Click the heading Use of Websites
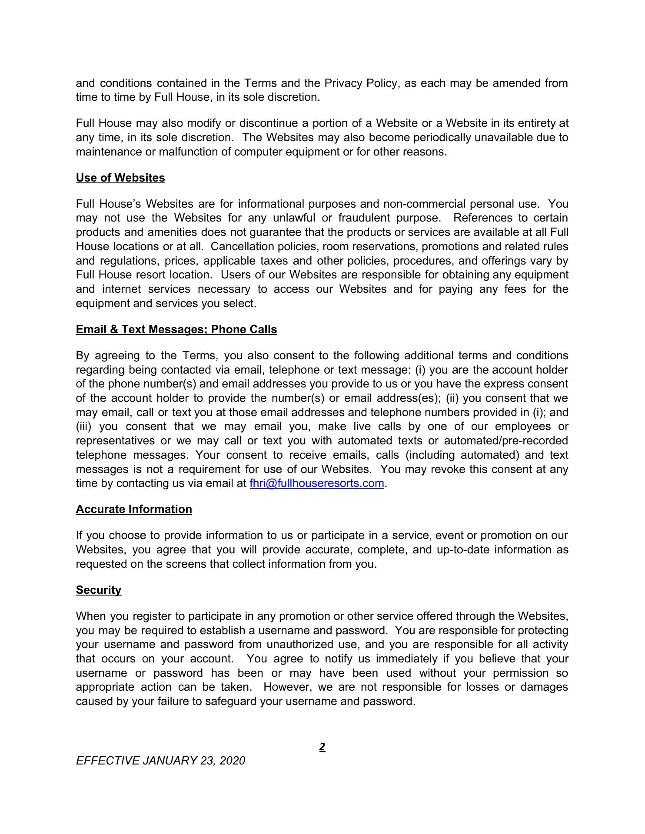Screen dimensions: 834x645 click(x=120, y=178)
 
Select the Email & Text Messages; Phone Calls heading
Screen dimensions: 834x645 click(x=176, y=330)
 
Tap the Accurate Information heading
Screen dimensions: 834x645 click(x=134, y=510)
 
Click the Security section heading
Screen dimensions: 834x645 click(x=99, y=590)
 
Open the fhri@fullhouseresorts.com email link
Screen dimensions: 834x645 click(x=317, y=483)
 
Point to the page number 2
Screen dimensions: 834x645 click(x=322, y=747)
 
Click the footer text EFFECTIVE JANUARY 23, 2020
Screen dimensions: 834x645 click(x=160, y=761)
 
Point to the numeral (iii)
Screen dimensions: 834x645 click(x=84, y=427)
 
